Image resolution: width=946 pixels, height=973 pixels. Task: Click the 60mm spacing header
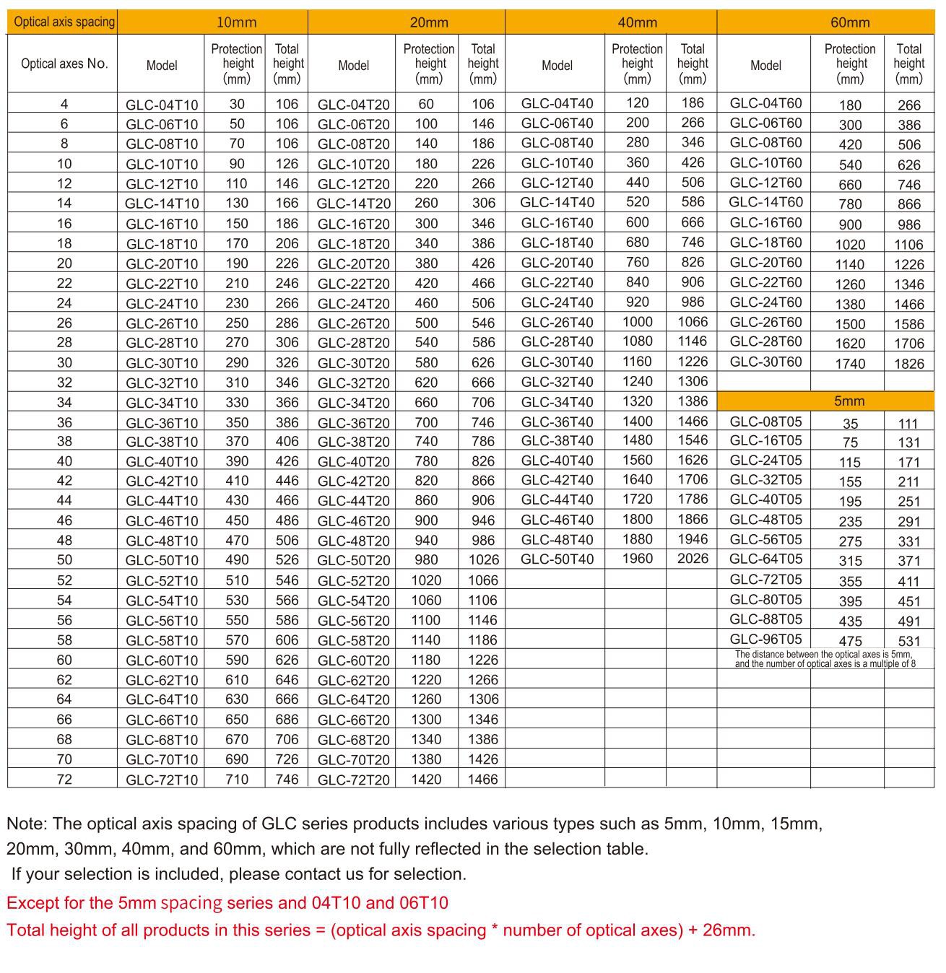[x=849, y=22]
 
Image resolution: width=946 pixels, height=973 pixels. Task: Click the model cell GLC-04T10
[x=161, y=105]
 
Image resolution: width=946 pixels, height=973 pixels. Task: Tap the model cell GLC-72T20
[x=353, y=780]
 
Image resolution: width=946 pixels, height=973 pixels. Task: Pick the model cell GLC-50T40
[x=557, y=559]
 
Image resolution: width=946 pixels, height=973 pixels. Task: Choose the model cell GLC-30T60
[x=765, y=362]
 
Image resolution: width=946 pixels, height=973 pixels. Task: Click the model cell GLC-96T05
[x=765, y=639]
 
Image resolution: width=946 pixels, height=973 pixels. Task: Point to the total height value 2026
[x=693, y=559]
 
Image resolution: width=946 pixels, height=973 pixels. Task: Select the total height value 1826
[x=908, y=364]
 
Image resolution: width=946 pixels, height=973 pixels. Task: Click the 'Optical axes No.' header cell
[x=64, y=64]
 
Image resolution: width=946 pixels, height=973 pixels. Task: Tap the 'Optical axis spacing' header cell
[x=64, y=22]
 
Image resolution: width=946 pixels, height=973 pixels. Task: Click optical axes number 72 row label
[x=64, y=779]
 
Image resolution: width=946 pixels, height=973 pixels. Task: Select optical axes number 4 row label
[x=64, y=104]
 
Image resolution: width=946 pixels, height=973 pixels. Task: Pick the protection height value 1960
[x=637, y=559]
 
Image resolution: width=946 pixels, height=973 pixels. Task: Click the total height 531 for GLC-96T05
[x=908, y=641]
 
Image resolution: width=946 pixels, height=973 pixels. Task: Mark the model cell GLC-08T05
[x=765, y=422]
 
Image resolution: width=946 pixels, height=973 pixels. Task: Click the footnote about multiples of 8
[x=825, y=659]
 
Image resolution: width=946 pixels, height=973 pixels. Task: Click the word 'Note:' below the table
[x=27, y=824]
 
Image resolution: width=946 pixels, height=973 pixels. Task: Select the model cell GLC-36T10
[x=161, y=423]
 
